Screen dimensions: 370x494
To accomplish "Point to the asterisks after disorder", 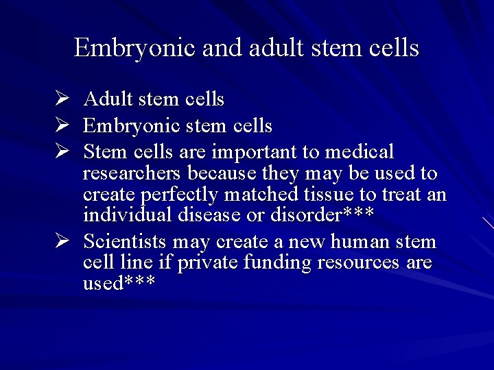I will [x=357, y=214].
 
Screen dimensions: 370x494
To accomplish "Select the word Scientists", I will [x=125, y=242].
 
